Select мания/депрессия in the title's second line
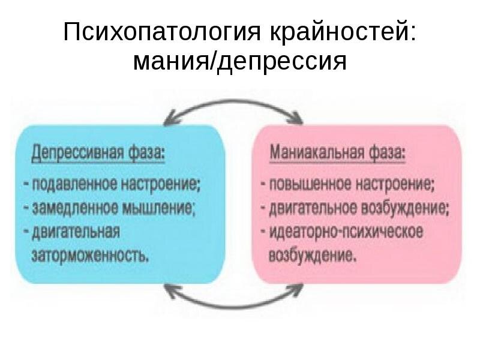click(240, 61)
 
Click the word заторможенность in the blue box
click(90, 256)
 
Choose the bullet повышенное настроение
click(349, 184)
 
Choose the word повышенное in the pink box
click(307, 184)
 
